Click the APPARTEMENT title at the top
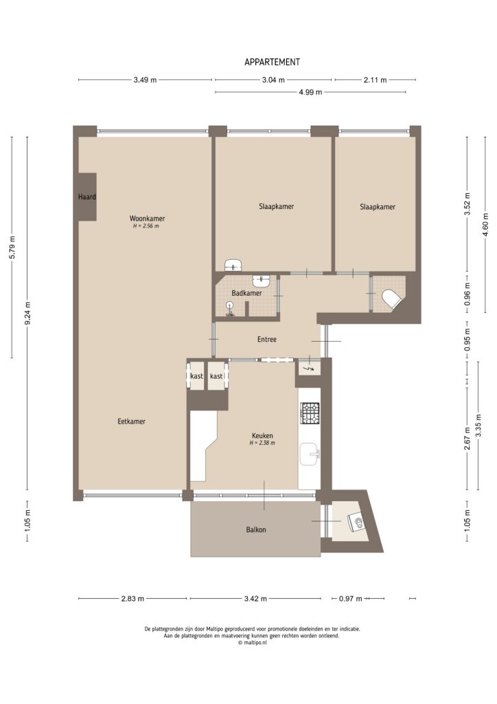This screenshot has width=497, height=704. pos(272,62)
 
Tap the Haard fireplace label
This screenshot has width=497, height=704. pos(86,197)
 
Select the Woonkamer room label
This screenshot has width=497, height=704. pos(146,219)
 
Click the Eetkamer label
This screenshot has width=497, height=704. pos(131,421)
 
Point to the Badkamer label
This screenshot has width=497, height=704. pos(246,293)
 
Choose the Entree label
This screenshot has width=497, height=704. pos(267,339)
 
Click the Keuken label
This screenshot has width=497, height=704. pos(262,435)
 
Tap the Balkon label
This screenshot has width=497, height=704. pos(256,529)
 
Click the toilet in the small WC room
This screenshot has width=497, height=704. pos(390,299)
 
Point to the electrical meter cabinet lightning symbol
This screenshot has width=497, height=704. pos(307,369)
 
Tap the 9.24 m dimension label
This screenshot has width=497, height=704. pos(29,314)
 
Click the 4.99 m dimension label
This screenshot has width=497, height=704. pos(310,92)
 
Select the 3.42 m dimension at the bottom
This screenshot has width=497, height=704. pos(255,599)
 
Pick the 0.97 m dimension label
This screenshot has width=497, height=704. pos(350,599)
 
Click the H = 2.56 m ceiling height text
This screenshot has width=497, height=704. pos(146,226)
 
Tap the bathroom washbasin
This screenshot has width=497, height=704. pos(262,280)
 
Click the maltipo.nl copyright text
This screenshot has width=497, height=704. pos(251,643)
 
